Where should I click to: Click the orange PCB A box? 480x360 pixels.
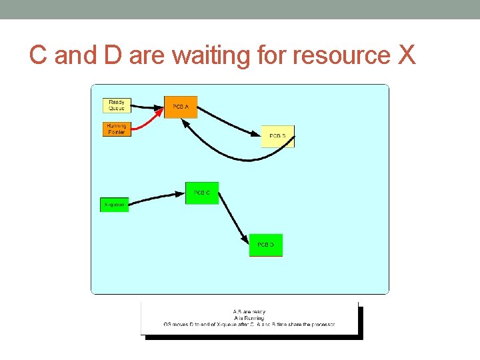point(181,107)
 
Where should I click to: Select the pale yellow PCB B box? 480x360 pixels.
point(277,136)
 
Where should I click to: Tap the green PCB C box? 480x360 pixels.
point(202,193)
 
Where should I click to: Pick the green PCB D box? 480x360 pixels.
point(265,245)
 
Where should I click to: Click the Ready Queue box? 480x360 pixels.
point(117,105)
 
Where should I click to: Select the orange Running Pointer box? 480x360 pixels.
point(116,129)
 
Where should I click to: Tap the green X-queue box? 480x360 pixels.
point(114,205)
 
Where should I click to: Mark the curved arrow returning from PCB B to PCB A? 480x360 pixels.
point(227,157)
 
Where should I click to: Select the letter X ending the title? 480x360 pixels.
point(407,56)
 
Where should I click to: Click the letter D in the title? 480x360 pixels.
point(113,56)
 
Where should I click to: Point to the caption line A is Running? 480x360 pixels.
point(249,318)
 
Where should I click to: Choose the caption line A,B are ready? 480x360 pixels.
point(249,311)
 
